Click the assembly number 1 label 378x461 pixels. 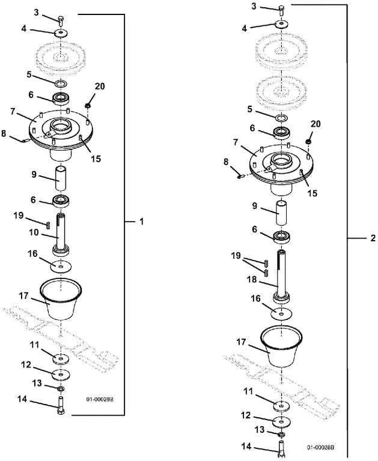tap(142, 221)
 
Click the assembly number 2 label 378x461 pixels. tap(373, 238)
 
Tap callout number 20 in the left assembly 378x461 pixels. tap(100, 86)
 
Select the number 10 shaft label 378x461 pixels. tap(34, 232)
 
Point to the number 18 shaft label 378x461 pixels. tap(252, 279)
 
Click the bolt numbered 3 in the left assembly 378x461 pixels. tap(61, 20)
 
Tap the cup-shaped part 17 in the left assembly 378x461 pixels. tap(61, 299)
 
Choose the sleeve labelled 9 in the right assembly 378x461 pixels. tap(281, 213)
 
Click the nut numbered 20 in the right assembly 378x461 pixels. tap(308, 142)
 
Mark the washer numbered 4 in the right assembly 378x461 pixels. tap(282, 23)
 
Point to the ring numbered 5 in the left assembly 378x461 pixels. tap(61, 84)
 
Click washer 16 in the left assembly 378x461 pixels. tap(61, 267)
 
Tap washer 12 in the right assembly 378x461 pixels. tap(281, 421)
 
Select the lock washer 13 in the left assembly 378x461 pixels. tap(61, 389)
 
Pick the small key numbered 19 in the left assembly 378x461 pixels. tap(47, 225)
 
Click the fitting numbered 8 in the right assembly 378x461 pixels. tap(240, 176)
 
